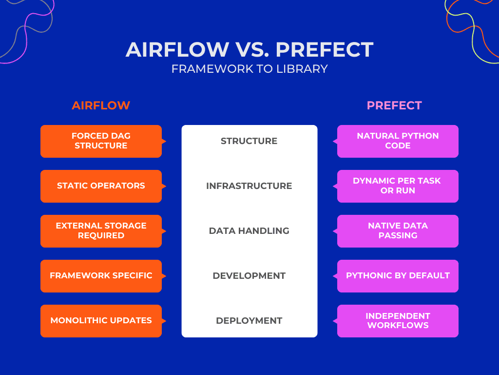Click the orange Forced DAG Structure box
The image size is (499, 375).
tap(101, 141)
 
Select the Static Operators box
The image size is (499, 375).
tap(101, 186)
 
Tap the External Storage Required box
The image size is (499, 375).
tap(101, 231)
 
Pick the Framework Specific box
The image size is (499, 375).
tap(101, 276)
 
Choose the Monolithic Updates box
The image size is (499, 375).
tap(101, 321)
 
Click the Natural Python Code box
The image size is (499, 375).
tap(398, 141)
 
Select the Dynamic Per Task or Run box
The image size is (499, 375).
tap(398, 186)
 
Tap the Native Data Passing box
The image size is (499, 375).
tap(398, 231)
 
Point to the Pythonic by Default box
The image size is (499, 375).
tap(398, 276)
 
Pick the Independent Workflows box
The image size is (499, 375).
tap(398, 321)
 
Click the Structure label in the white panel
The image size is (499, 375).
tap(249, 141)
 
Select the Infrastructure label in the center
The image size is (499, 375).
tap(249, 186)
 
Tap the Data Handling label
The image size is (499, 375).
tap(249, 231)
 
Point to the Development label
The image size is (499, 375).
tap(249, 276)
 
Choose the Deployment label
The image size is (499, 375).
tap(249, 321)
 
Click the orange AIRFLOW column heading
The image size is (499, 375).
tap(101, 105)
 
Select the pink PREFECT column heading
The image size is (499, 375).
tap(394, 105)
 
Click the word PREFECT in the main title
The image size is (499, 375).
tap(324, 50)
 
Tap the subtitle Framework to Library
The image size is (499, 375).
tap(249, 69)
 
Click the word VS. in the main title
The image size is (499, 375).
tap(251, 50)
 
